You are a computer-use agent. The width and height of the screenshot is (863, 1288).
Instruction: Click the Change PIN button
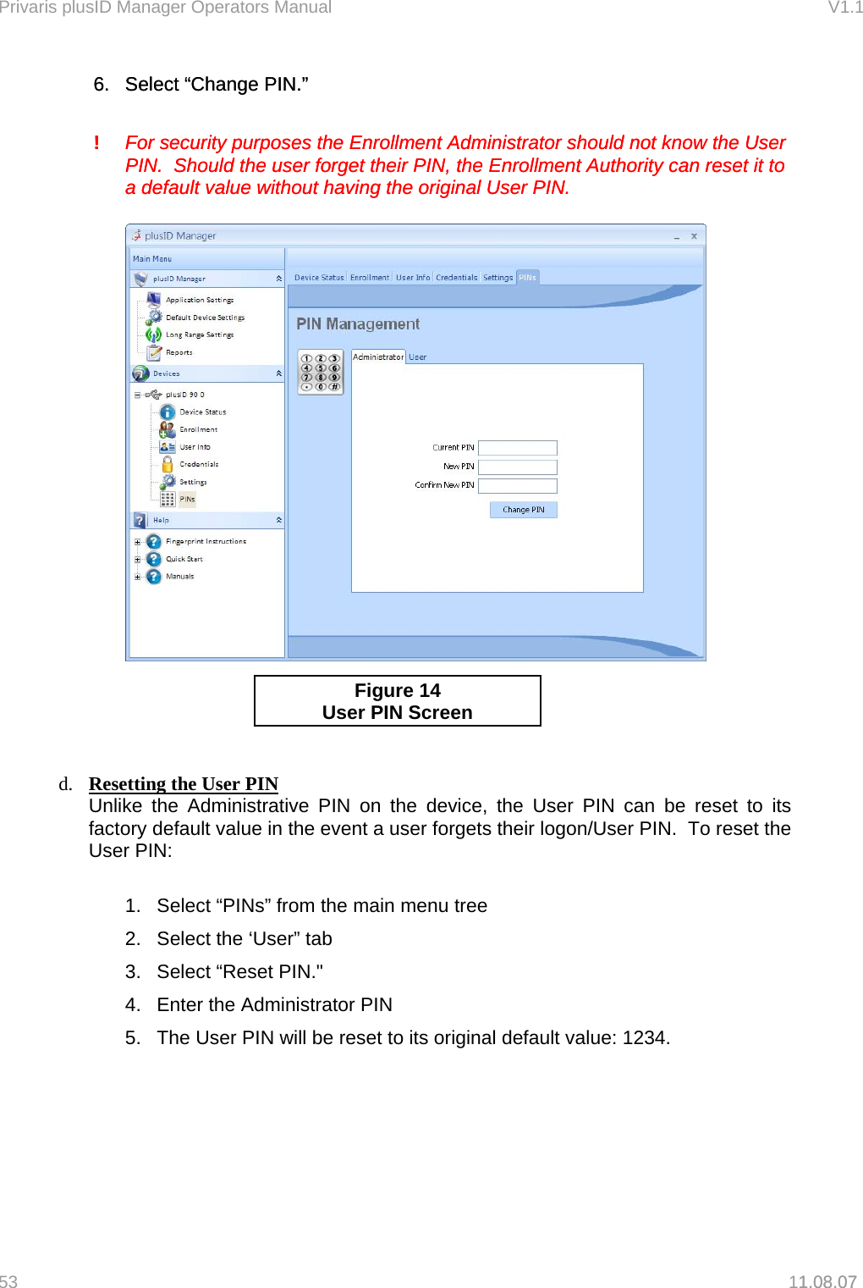523,509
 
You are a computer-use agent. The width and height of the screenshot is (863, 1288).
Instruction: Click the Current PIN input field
517,448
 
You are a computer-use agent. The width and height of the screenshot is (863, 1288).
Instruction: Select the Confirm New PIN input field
517,485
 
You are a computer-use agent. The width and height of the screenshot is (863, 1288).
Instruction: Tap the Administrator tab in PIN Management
377,357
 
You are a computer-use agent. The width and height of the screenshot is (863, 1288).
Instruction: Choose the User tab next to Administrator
418,357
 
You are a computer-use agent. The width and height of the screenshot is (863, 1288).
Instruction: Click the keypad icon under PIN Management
321,372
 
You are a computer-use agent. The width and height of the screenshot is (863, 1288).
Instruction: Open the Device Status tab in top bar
319,277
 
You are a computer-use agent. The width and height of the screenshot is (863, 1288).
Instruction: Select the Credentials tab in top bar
456,277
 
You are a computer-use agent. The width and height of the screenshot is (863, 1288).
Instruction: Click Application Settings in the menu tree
200,300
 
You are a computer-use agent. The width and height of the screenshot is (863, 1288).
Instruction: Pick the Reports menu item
179,352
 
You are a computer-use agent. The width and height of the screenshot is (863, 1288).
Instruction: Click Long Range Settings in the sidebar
200,334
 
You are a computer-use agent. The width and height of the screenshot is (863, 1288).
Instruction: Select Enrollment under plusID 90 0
198,429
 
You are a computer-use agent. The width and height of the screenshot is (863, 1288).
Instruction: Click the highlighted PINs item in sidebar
187,499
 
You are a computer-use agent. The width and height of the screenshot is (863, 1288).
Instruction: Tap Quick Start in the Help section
184,559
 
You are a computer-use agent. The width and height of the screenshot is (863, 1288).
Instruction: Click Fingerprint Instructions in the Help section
206,541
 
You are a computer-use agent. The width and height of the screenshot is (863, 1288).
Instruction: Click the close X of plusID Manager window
694,236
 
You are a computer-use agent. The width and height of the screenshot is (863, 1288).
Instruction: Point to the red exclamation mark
96,142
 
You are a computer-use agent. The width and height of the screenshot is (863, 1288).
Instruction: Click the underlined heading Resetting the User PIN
184,783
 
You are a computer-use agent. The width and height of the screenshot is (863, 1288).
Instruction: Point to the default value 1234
645,1037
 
